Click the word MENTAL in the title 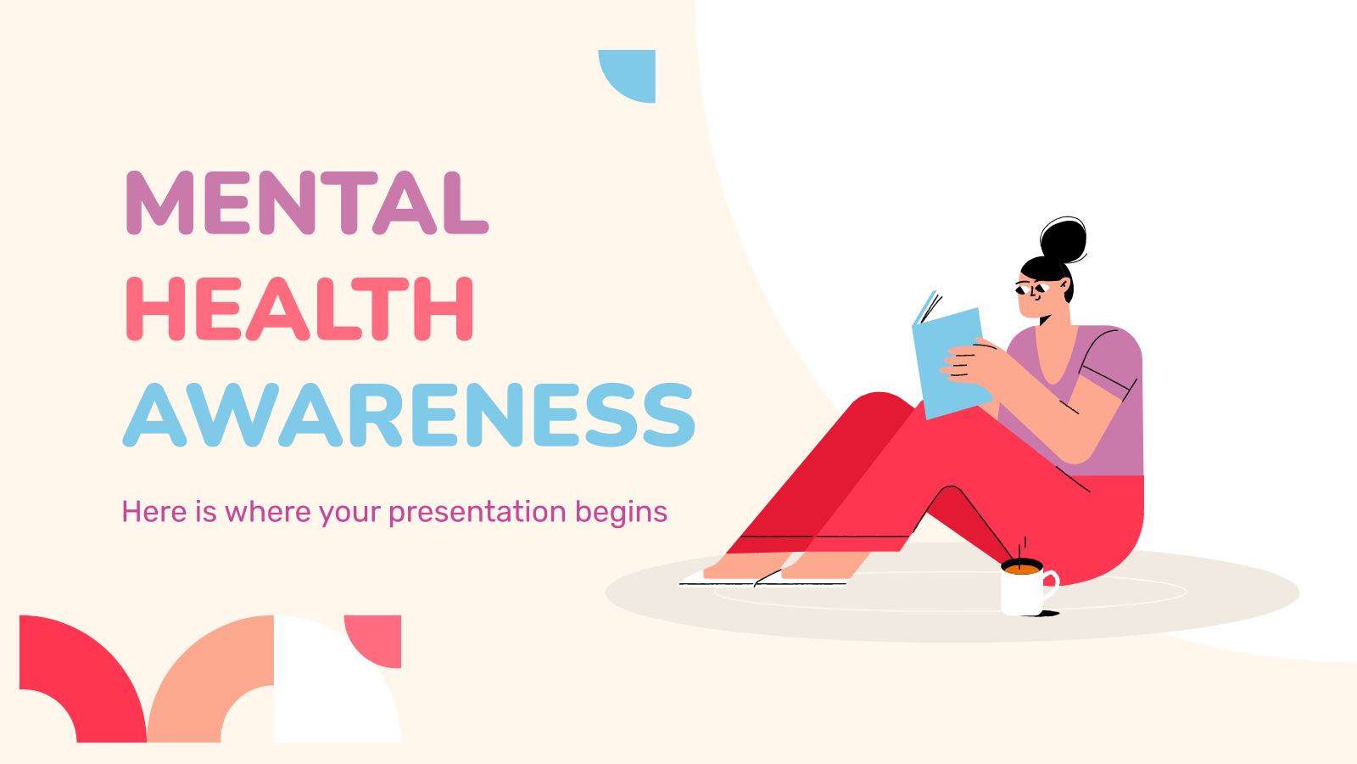(307, 203)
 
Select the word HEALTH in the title (299, 309)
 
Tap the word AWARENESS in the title (409, 415)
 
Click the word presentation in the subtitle (477, 513)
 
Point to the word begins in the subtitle (621, 513)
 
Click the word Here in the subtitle (154, 512)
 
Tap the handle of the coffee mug (1051, 585)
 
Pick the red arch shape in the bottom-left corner (91, 667)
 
